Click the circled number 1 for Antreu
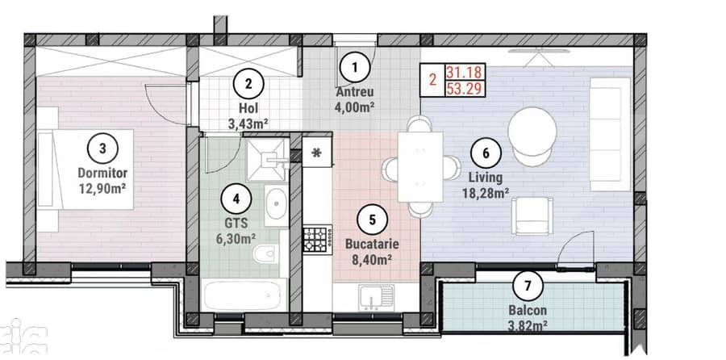[355, 68]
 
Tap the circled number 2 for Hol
[248, 84]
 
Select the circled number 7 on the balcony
[528, 287]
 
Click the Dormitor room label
[102, 174]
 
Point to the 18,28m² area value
[486, 192]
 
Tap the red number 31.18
[464, 72]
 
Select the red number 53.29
[464, 88]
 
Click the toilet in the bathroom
[267, 254]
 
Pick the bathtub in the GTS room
[243, 296]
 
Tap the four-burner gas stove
[318, 240]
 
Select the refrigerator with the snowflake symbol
[317, 152]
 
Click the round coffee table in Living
[532, 131]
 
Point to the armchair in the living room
[532, 216]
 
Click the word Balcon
[528, 311]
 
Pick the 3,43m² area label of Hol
[248, 124]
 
